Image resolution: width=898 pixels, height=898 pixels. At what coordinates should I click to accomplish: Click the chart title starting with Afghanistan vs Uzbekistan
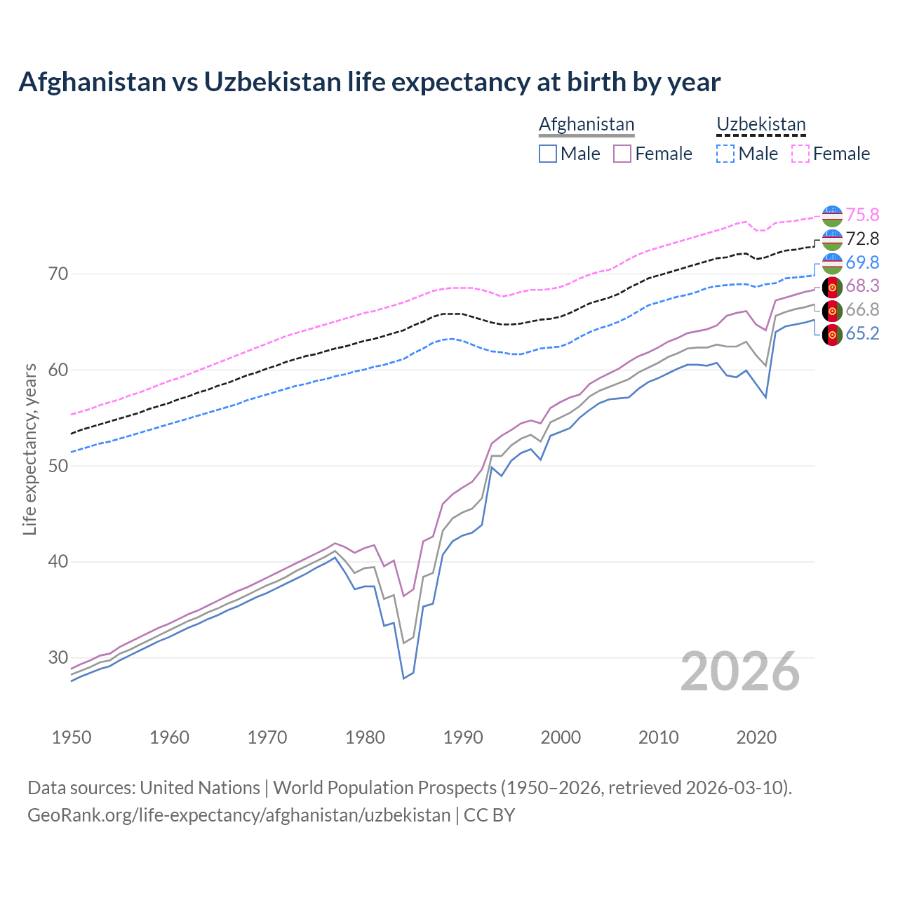coord(369,82)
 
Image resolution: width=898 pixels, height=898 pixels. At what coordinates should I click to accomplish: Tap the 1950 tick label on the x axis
coord(72,737)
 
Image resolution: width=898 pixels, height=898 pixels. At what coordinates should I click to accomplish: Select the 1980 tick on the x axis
coord(365,737)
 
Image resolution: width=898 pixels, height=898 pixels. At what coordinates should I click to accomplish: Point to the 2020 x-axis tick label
coord(756,737)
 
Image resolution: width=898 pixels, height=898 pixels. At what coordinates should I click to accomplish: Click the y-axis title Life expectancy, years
coord(29,449)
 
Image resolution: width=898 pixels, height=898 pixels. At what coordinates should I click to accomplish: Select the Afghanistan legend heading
coord(587,124)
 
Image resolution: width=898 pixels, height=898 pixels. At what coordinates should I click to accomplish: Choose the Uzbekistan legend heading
coord(760,124)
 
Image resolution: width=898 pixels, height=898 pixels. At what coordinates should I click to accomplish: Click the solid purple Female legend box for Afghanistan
coord(622,154)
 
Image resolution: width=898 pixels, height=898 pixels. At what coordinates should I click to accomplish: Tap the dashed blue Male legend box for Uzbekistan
coord(725,154)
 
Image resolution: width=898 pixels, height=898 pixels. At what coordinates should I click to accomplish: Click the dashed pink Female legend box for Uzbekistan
coord(800,154)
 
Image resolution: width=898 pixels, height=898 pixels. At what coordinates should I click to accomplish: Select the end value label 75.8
coord(862,215)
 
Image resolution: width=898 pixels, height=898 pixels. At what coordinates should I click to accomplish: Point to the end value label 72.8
coord(862,239)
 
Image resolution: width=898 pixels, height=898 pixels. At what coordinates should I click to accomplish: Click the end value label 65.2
coord(862,333)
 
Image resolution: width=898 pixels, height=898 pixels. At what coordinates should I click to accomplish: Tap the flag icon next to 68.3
coord(832,287)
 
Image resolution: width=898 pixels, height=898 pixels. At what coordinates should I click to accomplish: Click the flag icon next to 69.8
coord(832,263)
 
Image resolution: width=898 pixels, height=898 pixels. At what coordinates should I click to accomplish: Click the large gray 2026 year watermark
coord(740,671)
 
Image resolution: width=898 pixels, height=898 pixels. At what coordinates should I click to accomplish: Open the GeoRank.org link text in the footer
coord(239,815)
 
